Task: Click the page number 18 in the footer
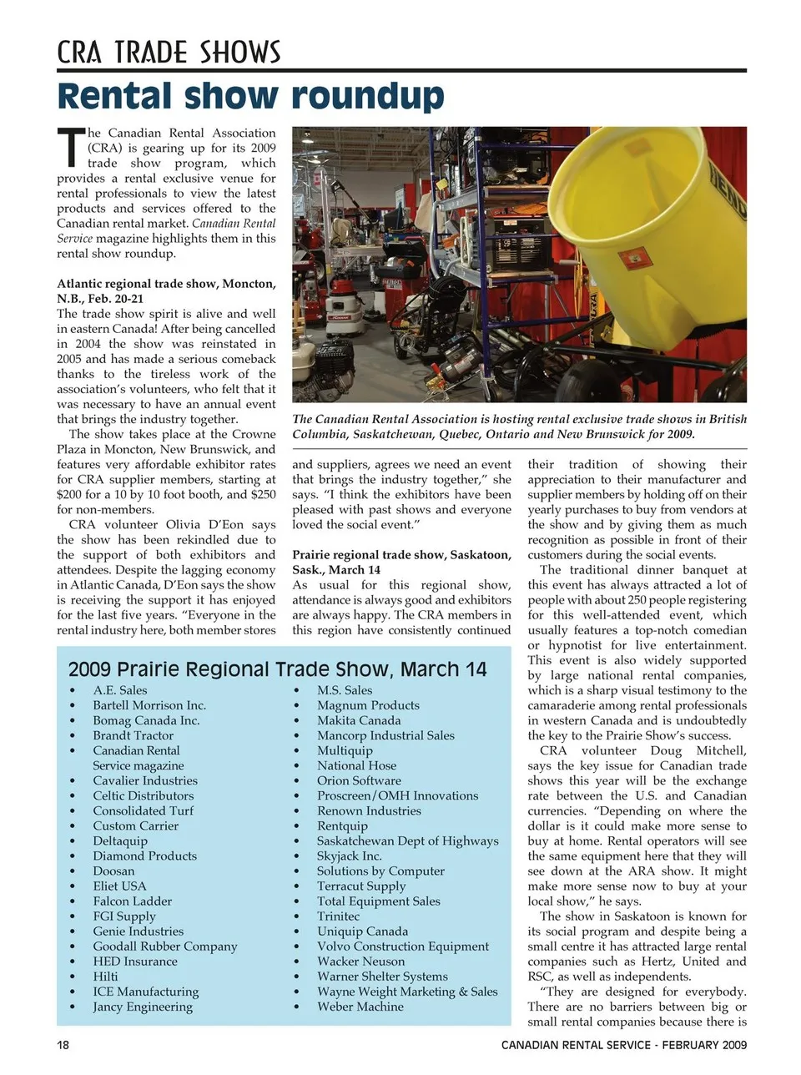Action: click(x=63, y=1045)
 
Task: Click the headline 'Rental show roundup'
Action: click(x=250, y=97)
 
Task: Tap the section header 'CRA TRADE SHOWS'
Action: click(x=169, y=53)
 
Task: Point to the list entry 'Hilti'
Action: click(x=105, y=977)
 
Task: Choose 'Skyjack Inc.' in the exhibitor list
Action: click(x=349, y=855)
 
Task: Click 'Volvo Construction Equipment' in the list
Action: click(x=402, y=946)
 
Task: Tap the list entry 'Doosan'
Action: click(x=113, y=871)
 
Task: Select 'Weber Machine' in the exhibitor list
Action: click(x=360, y=1007)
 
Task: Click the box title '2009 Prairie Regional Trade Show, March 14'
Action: click(x=277, y=669)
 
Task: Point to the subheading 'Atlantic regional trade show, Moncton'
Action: click(x=166, y=284)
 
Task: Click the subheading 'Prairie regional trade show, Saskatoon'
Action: click(x=401, y=555)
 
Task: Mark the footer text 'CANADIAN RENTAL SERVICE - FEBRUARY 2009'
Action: click(x=623, y=1045)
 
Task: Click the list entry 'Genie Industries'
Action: click(x=138, y=931)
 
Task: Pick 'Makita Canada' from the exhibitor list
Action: click(x=359, y=720)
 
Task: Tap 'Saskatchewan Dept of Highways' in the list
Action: click(x=407, y=840)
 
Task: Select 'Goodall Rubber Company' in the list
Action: click(x=164, y=946)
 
